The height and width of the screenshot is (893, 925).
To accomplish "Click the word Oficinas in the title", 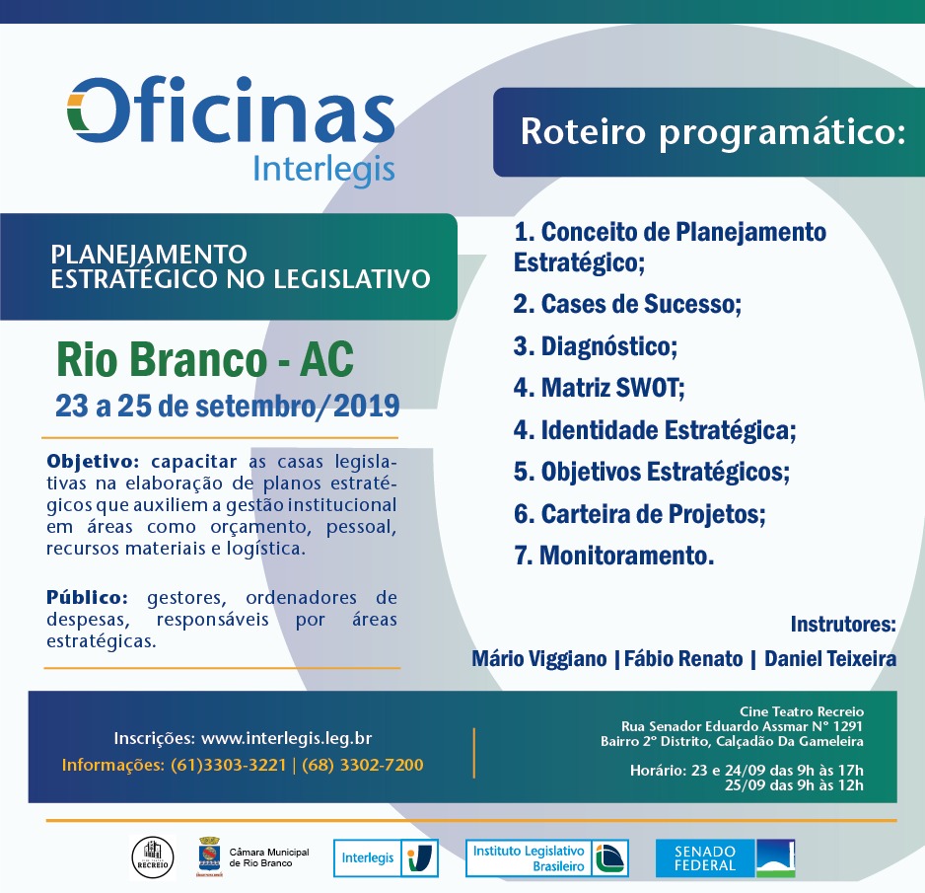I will point(231,111).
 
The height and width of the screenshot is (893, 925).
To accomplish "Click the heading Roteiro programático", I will point(711,131).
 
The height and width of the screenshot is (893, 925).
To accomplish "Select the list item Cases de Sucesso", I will point(627,304).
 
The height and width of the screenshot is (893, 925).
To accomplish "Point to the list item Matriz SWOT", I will point(599,388).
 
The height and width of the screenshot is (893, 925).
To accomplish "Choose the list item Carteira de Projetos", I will point(639,514).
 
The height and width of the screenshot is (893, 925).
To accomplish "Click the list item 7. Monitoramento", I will point(613,556).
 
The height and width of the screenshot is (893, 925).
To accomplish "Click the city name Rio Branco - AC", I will point(204,361).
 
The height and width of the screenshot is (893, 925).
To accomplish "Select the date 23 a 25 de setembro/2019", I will point(228,406).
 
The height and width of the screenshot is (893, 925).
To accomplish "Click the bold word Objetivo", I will point(94,462).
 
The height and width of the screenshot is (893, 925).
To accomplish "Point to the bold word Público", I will point(87,598).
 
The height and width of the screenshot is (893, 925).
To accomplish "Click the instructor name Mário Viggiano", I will point(538,659).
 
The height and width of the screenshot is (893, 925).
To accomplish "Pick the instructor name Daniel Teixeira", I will point(830,659).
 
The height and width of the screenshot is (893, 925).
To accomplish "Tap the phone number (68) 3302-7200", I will point(363,765).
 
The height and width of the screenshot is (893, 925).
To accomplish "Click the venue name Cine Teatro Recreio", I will point(801,711).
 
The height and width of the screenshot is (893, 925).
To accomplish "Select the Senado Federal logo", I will point(725,858).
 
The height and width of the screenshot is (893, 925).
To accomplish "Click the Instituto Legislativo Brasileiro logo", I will point(546,858).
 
